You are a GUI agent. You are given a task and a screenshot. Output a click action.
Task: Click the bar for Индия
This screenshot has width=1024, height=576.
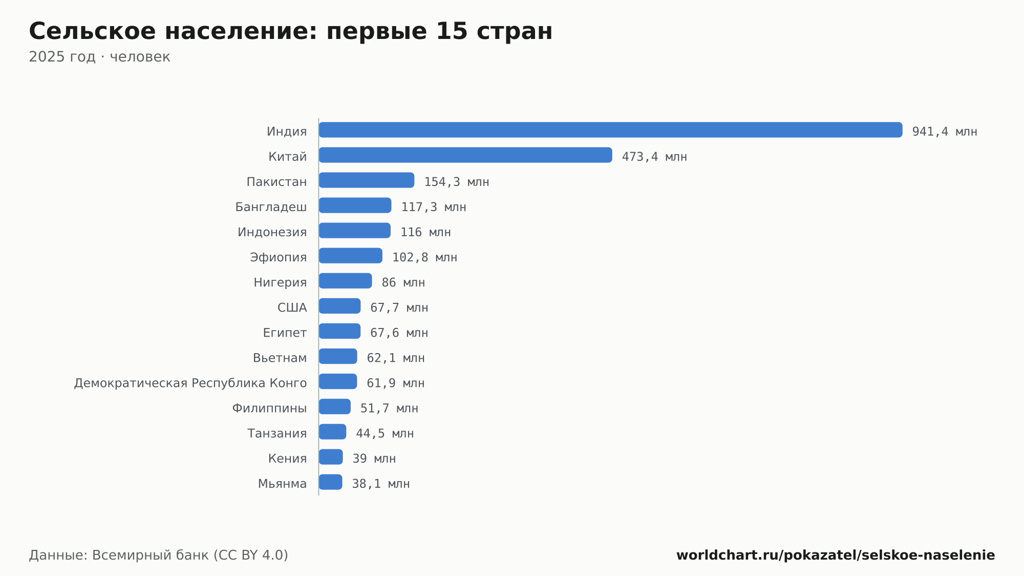(610, 130)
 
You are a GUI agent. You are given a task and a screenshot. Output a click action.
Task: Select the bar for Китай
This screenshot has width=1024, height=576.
(465, 155)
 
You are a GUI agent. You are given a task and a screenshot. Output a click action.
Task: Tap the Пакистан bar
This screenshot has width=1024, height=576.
(367, 180)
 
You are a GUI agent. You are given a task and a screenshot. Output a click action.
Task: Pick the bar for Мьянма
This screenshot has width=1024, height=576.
(331, 482)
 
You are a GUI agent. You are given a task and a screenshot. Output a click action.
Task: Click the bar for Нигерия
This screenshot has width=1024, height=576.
(346, 281)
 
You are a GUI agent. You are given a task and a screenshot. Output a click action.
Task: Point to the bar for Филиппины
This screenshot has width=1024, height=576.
(335, 406)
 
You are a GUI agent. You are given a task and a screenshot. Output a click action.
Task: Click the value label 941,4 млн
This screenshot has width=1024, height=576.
(945, 132)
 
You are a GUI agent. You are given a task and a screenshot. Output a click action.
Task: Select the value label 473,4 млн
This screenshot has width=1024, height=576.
(654, 157)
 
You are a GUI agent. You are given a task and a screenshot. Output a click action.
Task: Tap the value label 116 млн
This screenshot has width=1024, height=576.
(425, 232)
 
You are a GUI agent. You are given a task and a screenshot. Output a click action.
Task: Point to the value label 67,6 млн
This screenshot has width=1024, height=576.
(399, 333)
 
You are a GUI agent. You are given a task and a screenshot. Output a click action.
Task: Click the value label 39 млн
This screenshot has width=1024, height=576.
(374, 459)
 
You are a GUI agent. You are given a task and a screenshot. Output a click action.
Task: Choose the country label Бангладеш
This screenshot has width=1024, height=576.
(271, 207)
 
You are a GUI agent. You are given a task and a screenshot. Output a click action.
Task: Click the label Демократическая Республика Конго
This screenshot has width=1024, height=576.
(190, 383)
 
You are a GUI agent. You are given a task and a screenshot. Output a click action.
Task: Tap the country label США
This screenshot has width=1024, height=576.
(292, 307)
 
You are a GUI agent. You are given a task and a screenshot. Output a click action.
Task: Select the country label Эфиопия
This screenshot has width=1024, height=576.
(278, 257)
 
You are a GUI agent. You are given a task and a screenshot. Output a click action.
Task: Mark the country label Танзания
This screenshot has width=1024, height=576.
(277, 434)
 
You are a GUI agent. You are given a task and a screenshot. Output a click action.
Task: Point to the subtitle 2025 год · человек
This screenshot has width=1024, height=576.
(99, 56)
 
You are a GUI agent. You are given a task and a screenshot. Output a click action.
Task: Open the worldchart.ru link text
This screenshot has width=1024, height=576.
(836, 555)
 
